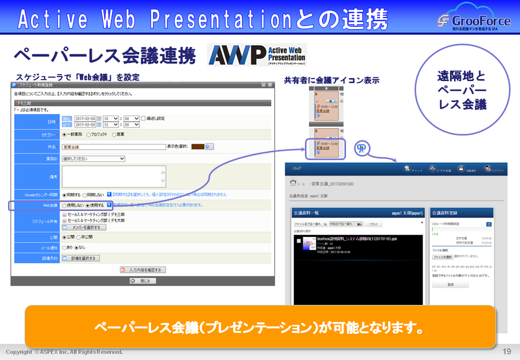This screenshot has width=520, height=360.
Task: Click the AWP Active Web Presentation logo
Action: (257, 55)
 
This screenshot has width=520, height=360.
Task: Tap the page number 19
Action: (506, 351)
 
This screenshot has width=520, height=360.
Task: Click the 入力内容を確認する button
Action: (143, 270)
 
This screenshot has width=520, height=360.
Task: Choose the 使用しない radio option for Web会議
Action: (64, 205)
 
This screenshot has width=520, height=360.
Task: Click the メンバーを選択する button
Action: (84, 227)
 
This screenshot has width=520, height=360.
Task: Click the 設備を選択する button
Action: (80, 258)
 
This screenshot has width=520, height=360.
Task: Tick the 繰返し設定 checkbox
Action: (143, 118)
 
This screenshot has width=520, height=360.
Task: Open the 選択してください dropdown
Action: (93, 158)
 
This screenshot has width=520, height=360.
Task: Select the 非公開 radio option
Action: (82, 237)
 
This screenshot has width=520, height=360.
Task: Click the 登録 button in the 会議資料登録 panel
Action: (450, 285)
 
